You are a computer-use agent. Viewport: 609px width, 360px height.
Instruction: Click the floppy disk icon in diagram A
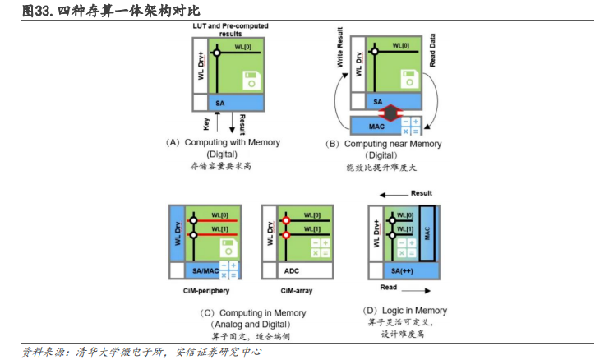click(251, 81)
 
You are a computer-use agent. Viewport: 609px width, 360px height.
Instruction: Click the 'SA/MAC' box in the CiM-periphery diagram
click(201, 270)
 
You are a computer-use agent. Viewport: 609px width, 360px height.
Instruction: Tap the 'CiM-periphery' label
click(201, 291)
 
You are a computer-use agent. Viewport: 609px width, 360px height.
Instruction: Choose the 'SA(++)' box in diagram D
click(401, 271)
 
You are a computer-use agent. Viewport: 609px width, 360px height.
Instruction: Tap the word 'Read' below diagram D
click(389, 289)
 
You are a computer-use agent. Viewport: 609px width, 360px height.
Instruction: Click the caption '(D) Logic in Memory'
click(404, 311)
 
